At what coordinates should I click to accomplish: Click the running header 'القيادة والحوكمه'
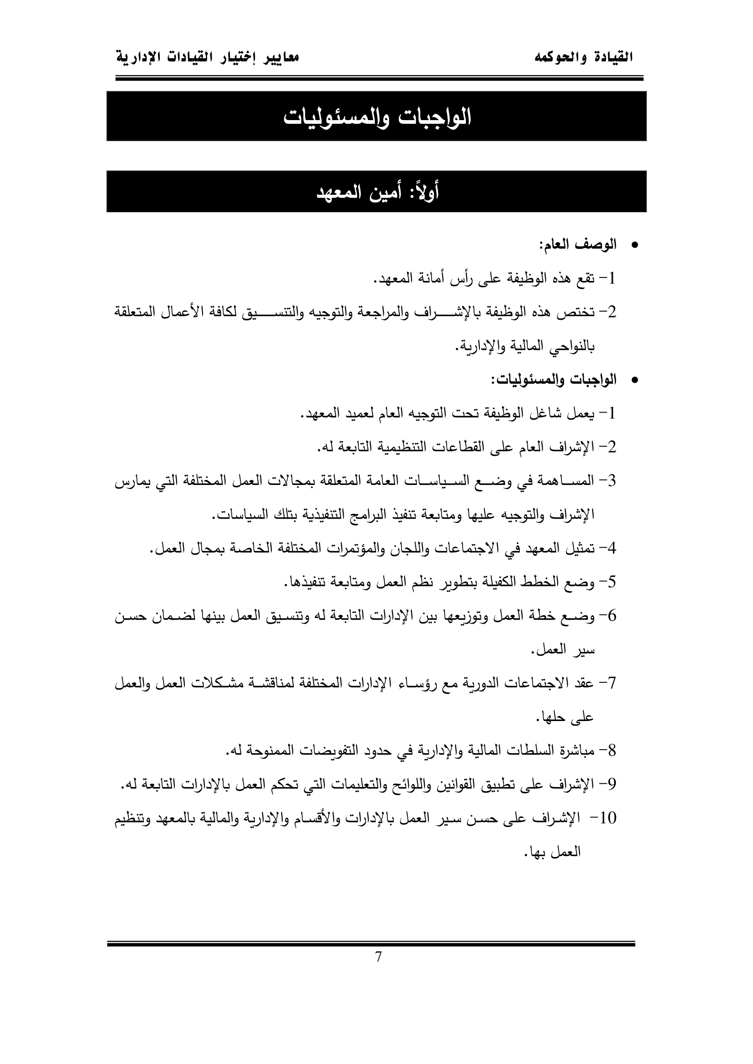pyautogui.click(x=583, y=58)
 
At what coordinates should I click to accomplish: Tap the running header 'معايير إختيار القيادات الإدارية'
pyautogui.click(x=207, y=58)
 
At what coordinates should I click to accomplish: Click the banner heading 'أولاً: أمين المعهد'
pyautogui.click(x=377, y=192)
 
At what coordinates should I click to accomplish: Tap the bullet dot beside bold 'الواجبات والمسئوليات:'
pyautogui.click(x=635, y=380)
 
